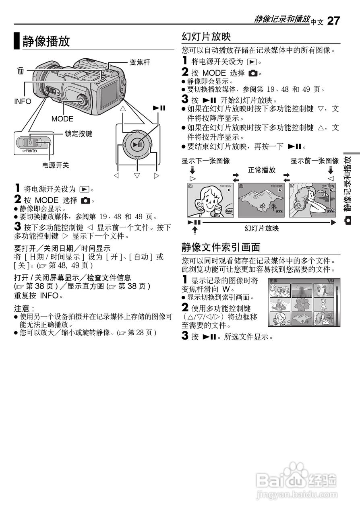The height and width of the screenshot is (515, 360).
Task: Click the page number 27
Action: tap(333, 21)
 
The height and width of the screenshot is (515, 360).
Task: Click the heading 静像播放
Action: tap(46, 41)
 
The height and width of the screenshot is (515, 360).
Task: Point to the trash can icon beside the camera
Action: tap(21, 71)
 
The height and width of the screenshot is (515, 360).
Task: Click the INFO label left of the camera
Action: tap(22, 101)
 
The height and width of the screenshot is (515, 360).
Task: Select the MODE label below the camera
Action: tap(62, 119)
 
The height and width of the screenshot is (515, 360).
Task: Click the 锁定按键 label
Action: tap(79, 134)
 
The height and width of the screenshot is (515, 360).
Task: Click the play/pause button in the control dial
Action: tap(137, 144)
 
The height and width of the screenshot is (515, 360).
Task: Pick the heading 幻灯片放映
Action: tap(206, 37)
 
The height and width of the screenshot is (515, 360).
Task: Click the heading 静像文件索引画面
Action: tap(221, 246)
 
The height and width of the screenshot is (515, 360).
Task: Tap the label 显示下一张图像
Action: tap(206, 161)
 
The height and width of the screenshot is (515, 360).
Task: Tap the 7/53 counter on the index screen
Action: tap(331, 280)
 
